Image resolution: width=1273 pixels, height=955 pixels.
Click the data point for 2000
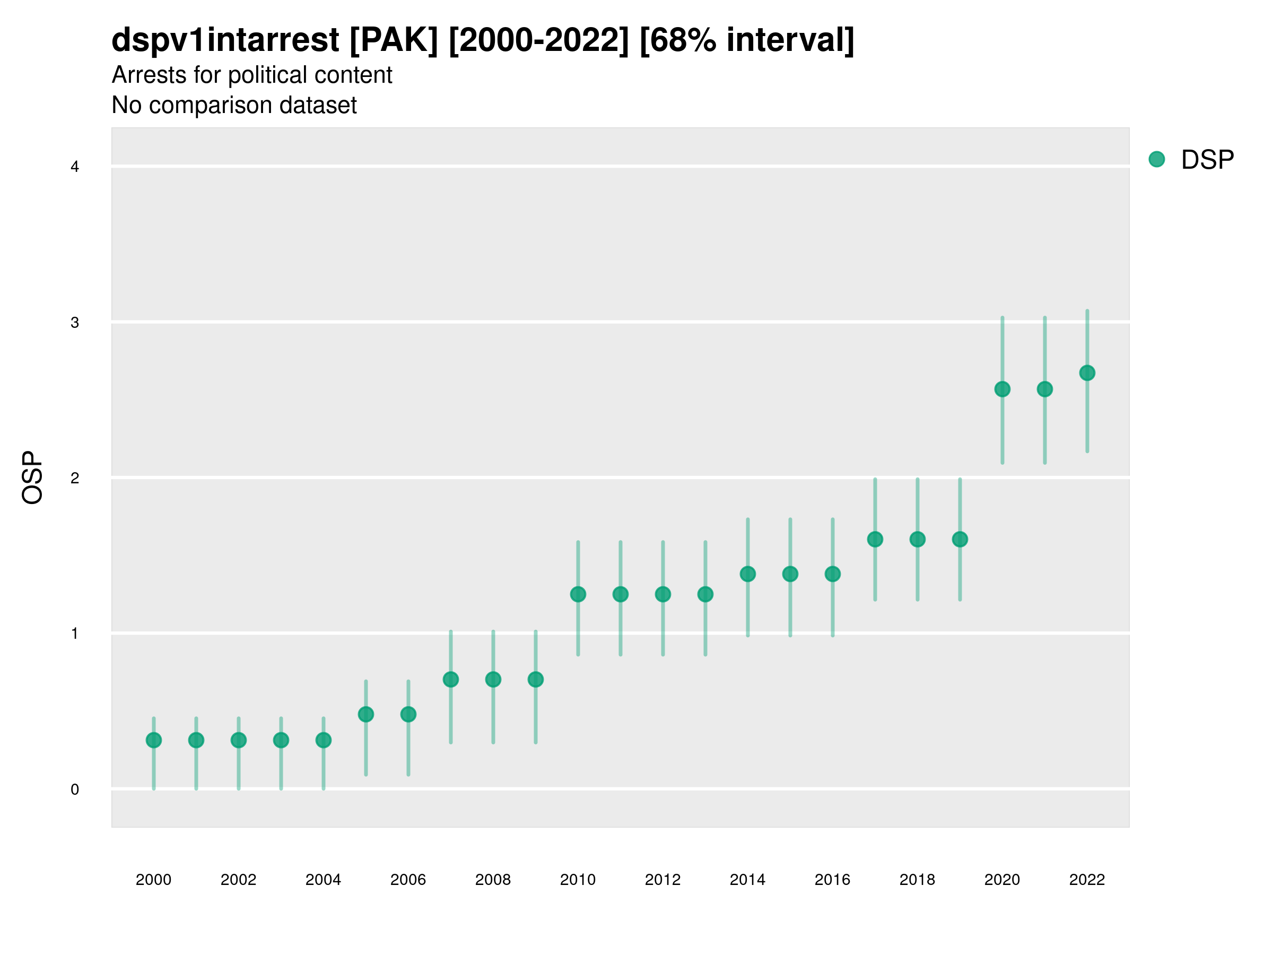[154, 740]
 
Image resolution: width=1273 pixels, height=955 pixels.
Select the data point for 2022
[1087, 373]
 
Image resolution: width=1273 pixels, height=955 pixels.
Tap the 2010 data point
[578, 594]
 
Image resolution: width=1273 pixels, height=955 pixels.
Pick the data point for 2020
[1002, 389]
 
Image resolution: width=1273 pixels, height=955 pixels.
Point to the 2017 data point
[875, 540]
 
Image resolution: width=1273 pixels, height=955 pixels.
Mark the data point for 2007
[451, 680]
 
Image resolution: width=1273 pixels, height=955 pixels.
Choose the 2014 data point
[747, 574]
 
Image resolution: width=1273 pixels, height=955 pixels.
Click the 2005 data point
[366, 714]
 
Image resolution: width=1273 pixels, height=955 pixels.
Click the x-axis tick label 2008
[493, 880]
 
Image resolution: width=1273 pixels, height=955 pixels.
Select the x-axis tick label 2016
[832, 880]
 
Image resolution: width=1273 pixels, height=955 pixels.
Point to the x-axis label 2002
[238, 880]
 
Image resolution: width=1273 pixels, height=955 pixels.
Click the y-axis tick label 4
[75, 167]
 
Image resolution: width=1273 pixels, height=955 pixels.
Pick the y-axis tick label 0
[75, 790]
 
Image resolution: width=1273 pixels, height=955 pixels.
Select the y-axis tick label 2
[75, 479]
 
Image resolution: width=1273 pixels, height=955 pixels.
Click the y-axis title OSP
[33, 478]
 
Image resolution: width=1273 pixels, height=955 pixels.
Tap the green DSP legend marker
[1156, 160]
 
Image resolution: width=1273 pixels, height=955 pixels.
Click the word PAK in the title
[394, 40]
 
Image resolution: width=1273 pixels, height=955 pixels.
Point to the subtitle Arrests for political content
[251, 75]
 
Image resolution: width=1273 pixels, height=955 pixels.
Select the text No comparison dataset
[234, 106]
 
